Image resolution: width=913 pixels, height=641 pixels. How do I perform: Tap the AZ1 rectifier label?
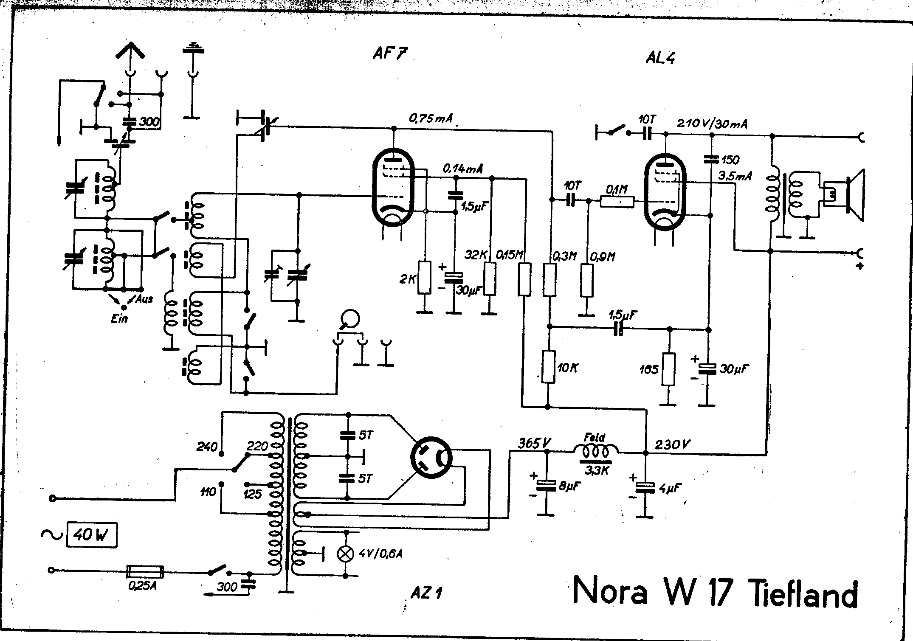click(426, 592)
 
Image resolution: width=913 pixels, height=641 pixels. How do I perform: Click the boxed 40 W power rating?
click(91, 536)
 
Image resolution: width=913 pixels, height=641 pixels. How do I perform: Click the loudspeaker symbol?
click(845, 195)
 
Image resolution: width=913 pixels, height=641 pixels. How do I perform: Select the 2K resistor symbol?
click(424, 278)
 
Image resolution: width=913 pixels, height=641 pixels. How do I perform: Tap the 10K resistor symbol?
click(549, 367)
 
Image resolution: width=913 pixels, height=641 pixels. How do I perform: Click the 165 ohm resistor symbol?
click(668, 369)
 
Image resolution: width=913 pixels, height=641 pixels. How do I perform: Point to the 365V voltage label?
click(534, 443)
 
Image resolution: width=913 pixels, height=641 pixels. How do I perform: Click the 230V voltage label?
click(673, 444)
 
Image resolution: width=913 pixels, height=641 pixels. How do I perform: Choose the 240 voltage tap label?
click(207, 447)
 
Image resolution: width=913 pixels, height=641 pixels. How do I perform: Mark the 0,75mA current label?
click(430, 118)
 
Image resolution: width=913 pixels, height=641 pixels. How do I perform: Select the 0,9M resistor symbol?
click(587, 280)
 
